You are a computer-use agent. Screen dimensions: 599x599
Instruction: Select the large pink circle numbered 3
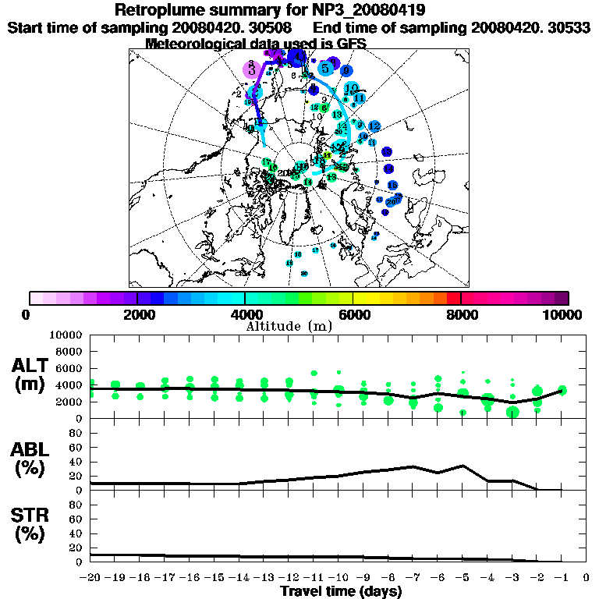coord(251,69)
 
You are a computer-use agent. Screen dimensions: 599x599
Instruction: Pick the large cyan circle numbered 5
coord(324,68)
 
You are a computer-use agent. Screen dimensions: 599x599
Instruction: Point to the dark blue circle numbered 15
coord(392,185)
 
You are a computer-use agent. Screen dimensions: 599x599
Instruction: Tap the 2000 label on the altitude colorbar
coord(137,315)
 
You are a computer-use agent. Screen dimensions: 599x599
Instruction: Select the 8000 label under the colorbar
coord(461,315)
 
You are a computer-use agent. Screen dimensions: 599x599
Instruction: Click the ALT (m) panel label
coord(32,374)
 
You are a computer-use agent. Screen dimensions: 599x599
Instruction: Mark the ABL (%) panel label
coord(32,459)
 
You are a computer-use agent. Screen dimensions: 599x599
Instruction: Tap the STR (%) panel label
coord(32,525)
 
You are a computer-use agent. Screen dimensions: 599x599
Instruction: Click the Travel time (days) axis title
coord(341,591)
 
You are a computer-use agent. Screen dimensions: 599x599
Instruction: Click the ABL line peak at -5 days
coord(463,466)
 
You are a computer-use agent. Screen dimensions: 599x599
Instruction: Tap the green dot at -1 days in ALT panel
coord(562,390)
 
